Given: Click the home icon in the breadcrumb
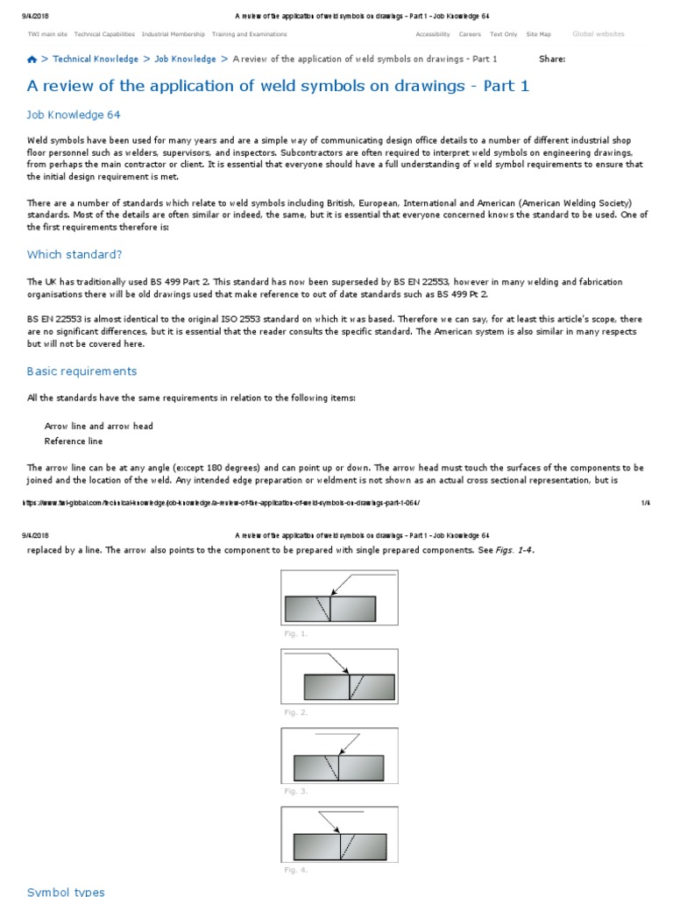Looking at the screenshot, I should pyautogui.click(x=32, y=60).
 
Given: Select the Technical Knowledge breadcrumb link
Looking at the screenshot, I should pyautogui.click(x=96, y=60).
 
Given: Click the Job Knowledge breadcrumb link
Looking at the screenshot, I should pyautogui.click(x=185, y=60).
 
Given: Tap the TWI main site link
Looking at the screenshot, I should pyautogui.click(x=47, y=34).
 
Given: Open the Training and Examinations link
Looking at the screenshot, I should pyautogui.click(x=249, y=34).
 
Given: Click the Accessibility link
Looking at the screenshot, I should pyautogui.click(x=433, y=34).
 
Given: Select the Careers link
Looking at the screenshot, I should pyautogui.click(x=470, y=34).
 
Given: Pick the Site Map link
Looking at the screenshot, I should pyautogui.click(x=539, y=34).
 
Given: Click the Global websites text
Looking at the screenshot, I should pyautogui.click(x=599, y=34).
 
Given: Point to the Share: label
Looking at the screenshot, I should pyautogui.click(x=552, y=60).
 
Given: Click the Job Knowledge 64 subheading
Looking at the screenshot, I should pyautogui.click(x=74, y=115).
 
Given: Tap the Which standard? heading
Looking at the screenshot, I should pyautogui.click(x=74, y=254).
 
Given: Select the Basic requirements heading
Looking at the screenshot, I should pyautogui.click(x=81, y=371).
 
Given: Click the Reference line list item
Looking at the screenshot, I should pyautogui.click(x=74, y=441).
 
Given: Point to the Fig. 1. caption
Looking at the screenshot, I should pyautogui.click(x=295, y=632).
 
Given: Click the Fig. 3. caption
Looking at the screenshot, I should pyautogui.click(x=295, y=791).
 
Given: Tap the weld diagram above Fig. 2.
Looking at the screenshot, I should pyautogui.click(x=339, y=676).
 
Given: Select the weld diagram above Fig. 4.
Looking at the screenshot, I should pyautogui.click(x=339, y=834).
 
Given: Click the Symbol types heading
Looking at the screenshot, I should pyautogui.click(x=66, y=892).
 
